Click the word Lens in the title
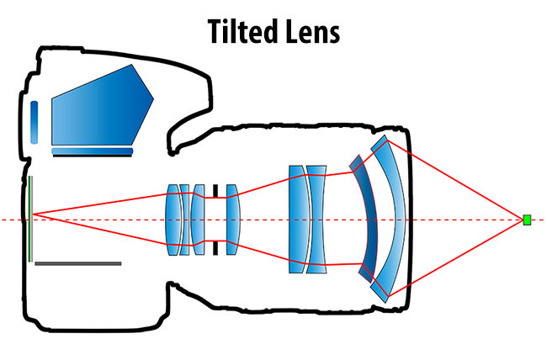coord(312,31)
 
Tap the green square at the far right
coord(528,220)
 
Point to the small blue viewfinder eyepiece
coord(34,122)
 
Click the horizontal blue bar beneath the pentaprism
coord(93,152)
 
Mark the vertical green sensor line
coord(29,219)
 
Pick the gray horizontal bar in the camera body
coord(78,263)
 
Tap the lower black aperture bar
coord(215,248)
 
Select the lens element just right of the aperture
coord(232,220)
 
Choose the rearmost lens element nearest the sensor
coord(173,220)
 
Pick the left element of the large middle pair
coord(296,220)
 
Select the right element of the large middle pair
coord(316,220)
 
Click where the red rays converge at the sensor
coord(33,215)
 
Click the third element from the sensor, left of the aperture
coord(199,220)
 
